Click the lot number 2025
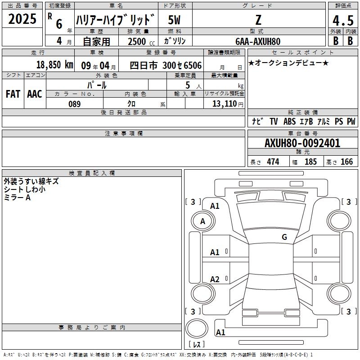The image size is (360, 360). (x=22, y=19)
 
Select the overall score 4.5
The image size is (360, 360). (x=343, y=20)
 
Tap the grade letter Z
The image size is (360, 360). (x=258, y=20)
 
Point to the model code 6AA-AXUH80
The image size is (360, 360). (x=258, y=41)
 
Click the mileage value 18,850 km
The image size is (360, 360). (x=54, y=65)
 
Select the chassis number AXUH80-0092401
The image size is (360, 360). (x=302, y=143)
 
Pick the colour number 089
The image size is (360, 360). (x=75, y=104)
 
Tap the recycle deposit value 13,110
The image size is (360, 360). (x=224, y=104)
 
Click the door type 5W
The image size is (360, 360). (x=174, y=20)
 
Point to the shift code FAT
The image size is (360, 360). (x=13, y=94)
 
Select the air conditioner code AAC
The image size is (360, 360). (x=35, y=94)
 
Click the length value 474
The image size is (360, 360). (x=273, y=162)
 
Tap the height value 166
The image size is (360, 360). (x=346, y=162)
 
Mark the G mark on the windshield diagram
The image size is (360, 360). (x=284, y=237)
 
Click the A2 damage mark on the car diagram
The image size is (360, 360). (x=215, y=279)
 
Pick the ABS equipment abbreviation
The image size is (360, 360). (x=289, y=121)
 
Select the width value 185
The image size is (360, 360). (x=310, y=162)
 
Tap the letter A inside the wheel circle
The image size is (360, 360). (x=202, y=221)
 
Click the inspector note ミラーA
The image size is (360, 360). (x=17, y=198)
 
